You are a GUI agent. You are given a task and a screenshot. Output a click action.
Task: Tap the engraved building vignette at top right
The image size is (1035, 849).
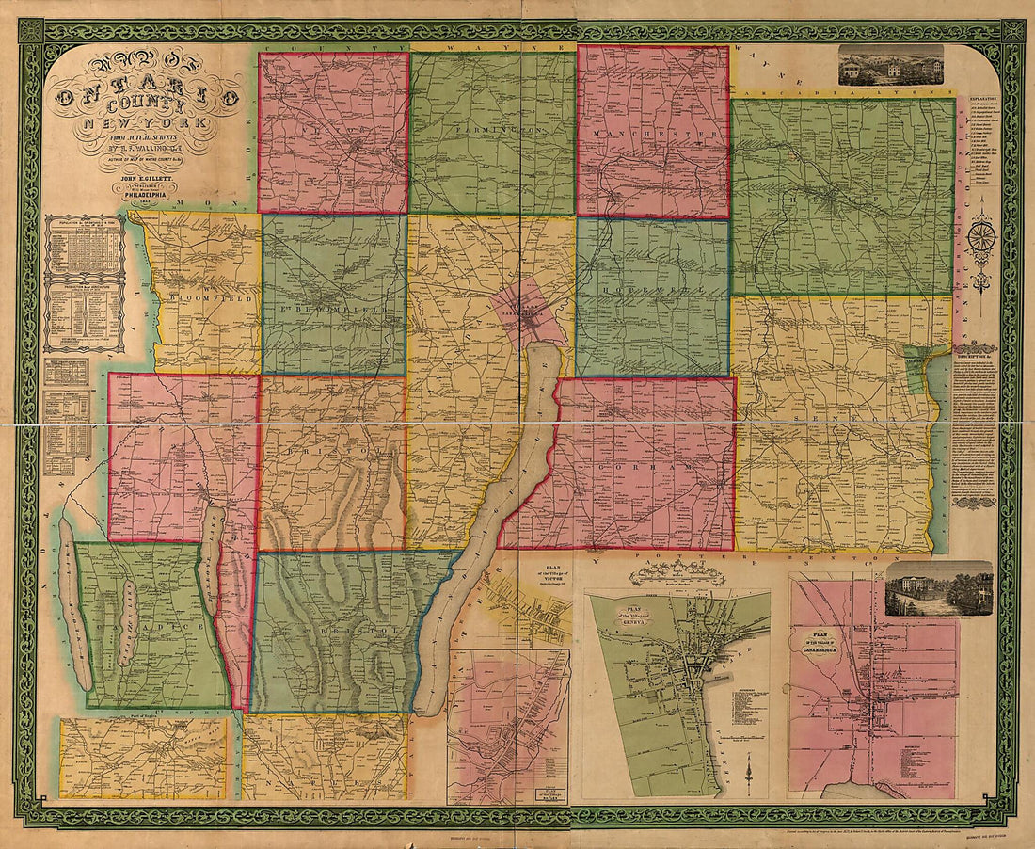[x=890, y=65]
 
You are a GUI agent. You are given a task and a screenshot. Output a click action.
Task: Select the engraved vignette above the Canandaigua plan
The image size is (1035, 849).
[x=938, y=588]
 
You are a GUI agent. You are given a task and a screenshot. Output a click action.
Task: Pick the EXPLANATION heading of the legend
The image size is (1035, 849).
[x=984, y=97]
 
